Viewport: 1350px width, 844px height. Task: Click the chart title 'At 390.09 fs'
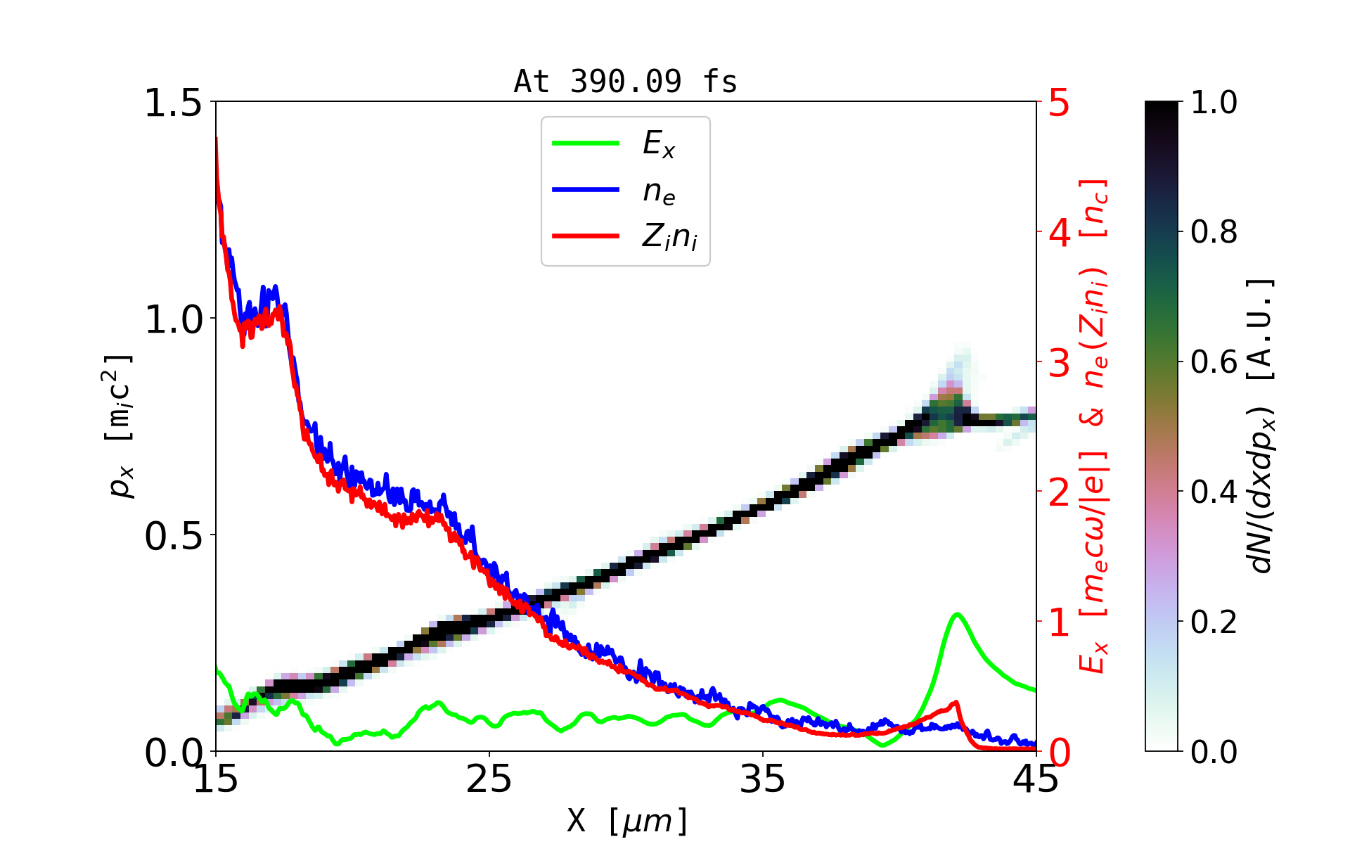625,82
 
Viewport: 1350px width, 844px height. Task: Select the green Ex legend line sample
586,143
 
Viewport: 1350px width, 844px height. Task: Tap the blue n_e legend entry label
659,191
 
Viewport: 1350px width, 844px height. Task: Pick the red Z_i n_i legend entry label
669,237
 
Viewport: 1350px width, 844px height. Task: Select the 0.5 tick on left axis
172,536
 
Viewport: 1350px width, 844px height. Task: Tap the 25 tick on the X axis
489,779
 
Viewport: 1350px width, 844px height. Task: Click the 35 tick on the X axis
763,779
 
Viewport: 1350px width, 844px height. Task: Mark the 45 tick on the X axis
1036,779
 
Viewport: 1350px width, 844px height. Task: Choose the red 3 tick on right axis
1059,363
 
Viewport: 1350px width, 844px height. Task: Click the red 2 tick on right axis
1059,493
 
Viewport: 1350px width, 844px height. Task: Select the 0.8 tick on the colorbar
1214,231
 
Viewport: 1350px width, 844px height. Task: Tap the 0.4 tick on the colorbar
1214,492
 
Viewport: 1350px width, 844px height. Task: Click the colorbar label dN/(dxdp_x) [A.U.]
1262,426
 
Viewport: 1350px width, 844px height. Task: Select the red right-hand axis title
1093,426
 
